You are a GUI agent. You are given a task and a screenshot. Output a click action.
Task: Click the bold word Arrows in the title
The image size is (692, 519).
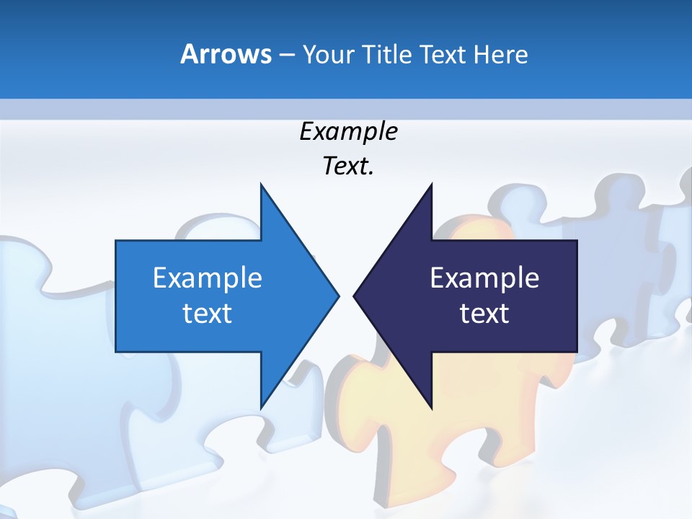[226, 54]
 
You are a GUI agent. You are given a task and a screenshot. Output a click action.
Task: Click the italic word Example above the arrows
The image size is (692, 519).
[348, 132]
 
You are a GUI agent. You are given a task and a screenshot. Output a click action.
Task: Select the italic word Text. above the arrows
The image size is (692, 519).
[348, 167]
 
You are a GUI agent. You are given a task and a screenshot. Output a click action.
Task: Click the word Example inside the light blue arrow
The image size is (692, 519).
[207, 278]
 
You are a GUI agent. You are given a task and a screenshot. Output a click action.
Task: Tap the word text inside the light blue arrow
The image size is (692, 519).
[207, 314]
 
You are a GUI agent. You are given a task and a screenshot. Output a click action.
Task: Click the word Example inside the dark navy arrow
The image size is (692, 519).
[484, 278]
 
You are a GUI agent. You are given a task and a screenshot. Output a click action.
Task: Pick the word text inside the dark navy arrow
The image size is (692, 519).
[484, 314]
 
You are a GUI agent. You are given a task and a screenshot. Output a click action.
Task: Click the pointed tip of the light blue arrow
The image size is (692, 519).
[338, 295]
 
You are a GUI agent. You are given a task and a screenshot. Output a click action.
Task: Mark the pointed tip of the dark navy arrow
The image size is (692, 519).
[354, 295]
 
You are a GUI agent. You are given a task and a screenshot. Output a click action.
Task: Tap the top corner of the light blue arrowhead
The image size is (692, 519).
[261, 185]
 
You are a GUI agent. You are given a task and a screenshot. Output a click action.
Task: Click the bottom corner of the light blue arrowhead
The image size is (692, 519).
[261, 408]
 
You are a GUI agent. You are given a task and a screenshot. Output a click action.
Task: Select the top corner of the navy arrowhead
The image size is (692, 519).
[431, 185]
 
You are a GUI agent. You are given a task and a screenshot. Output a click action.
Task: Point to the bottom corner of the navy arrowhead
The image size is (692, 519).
[431, 408]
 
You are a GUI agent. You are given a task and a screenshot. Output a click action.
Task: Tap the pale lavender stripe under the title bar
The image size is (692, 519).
[346, 109]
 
